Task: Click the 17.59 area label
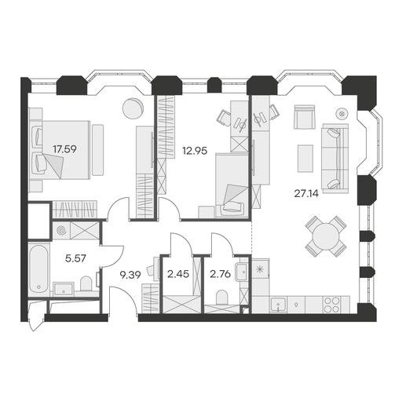tap(64, 149)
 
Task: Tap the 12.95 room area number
tap(195, 151)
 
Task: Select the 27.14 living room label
tap(306, 194)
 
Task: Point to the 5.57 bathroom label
tap(75, 258)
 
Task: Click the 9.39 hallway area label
tap(130, 275)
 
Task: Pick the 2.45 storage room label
tap(178, 274)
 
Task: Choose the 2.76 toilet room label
tap(221, 274)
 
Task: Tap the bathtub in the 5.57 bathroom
tap(38, 269)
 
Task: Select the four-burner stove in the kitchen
tap(332, 305)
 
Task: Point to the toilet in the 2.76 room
tap(222, 298)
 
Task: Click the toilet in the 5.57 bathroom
tap(86, 284)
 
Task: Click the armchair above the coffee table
tap(305, 117)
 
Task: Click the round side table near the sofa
tap(342, 114)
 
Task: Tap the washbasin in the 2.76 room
tap(242, 272)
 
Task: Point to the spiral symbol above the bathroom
tap(62, 231)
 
